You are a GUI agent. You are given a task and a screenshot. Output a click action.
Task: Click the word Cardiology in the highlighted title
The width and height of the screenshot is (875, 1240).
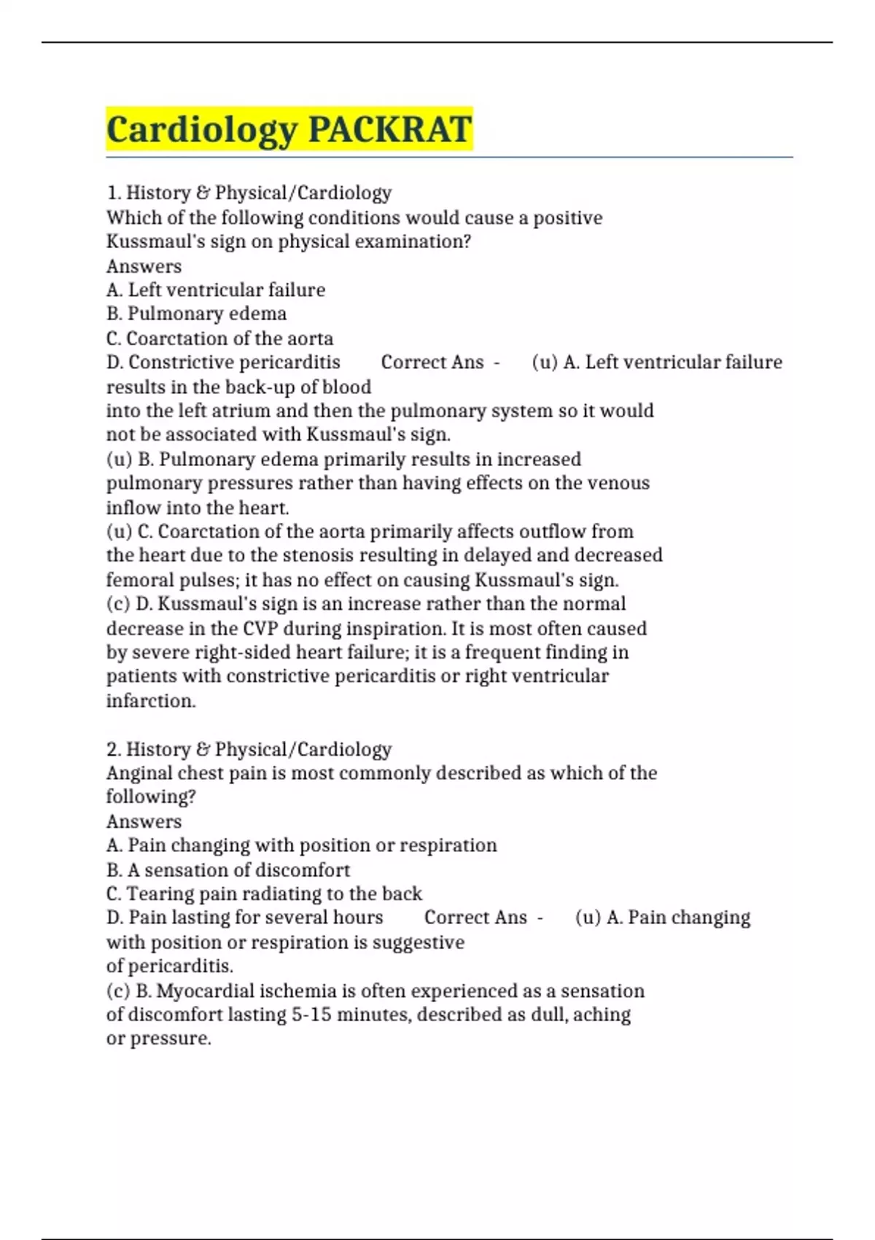click(202, 130)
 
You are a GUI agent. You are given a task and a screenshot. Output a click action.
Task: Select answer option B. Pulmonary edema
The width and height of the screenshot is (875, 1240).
click(197, 314)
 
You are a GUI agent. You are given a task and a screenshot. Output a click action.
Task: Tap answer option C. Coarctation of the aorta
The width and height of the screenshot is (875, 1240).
click(220, 338)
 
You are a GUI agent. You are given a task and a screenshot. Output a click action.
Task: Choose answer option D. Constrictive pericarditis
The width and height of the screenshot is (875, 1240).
click(224, 363)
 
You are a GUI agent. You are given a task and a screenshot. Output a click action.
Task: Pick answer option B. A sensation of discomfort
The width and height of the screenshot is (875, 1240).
click(228, 869)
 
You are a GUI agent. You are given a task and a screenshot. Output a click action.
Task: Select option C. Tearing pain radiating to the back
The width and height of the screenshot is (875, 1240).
click(265, 894)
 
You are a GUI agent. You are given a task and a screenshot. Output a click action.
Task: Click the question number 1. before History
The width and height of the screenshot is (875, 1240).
click(113, 193)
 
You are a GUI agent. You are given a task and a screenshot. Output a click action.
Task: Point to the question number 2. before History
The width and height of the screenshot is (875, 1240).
click(114, 749)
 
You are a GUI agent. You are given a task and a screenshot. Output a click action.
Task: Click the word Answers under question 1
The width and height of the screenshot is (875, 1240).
click(144, 266)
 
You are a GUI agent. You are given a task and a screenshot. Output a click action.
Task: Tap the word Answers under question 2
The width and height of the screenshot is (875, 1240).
click(144, 821)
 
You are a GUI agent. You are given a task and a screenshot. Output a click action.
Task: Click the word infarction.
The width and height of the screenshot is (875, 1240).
click(151, 701)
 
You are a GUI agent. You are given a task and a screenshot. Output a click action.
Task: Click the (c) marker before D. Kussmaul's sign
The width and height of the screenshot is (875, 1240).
click(119, 604)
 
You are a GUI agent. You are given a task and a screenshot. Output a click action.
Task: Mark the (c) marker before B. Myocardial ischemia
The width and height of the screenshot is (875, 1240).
click(119, 991)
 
